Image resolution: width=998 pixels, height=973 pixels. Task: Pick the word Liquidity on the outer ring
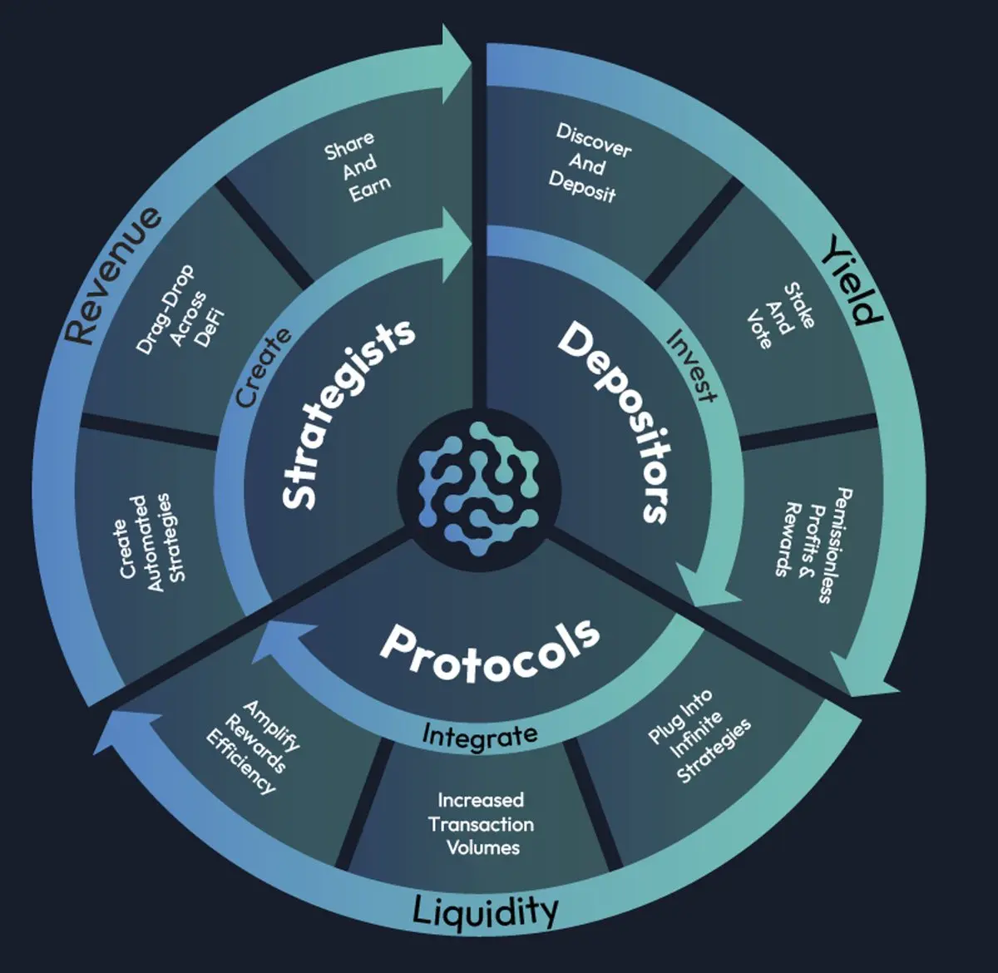pos(485,911)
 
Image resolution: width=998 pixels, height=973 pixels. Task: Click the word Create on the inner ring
pos(264,366)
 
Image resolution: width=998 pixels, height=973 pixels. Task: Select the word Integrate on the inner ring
pos(480,735)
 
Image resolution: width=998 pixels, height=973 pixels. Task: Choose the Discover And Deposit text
pos(588,164)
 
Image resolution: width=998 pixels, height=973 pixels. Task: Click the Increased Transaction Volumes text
pos(482,823)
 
